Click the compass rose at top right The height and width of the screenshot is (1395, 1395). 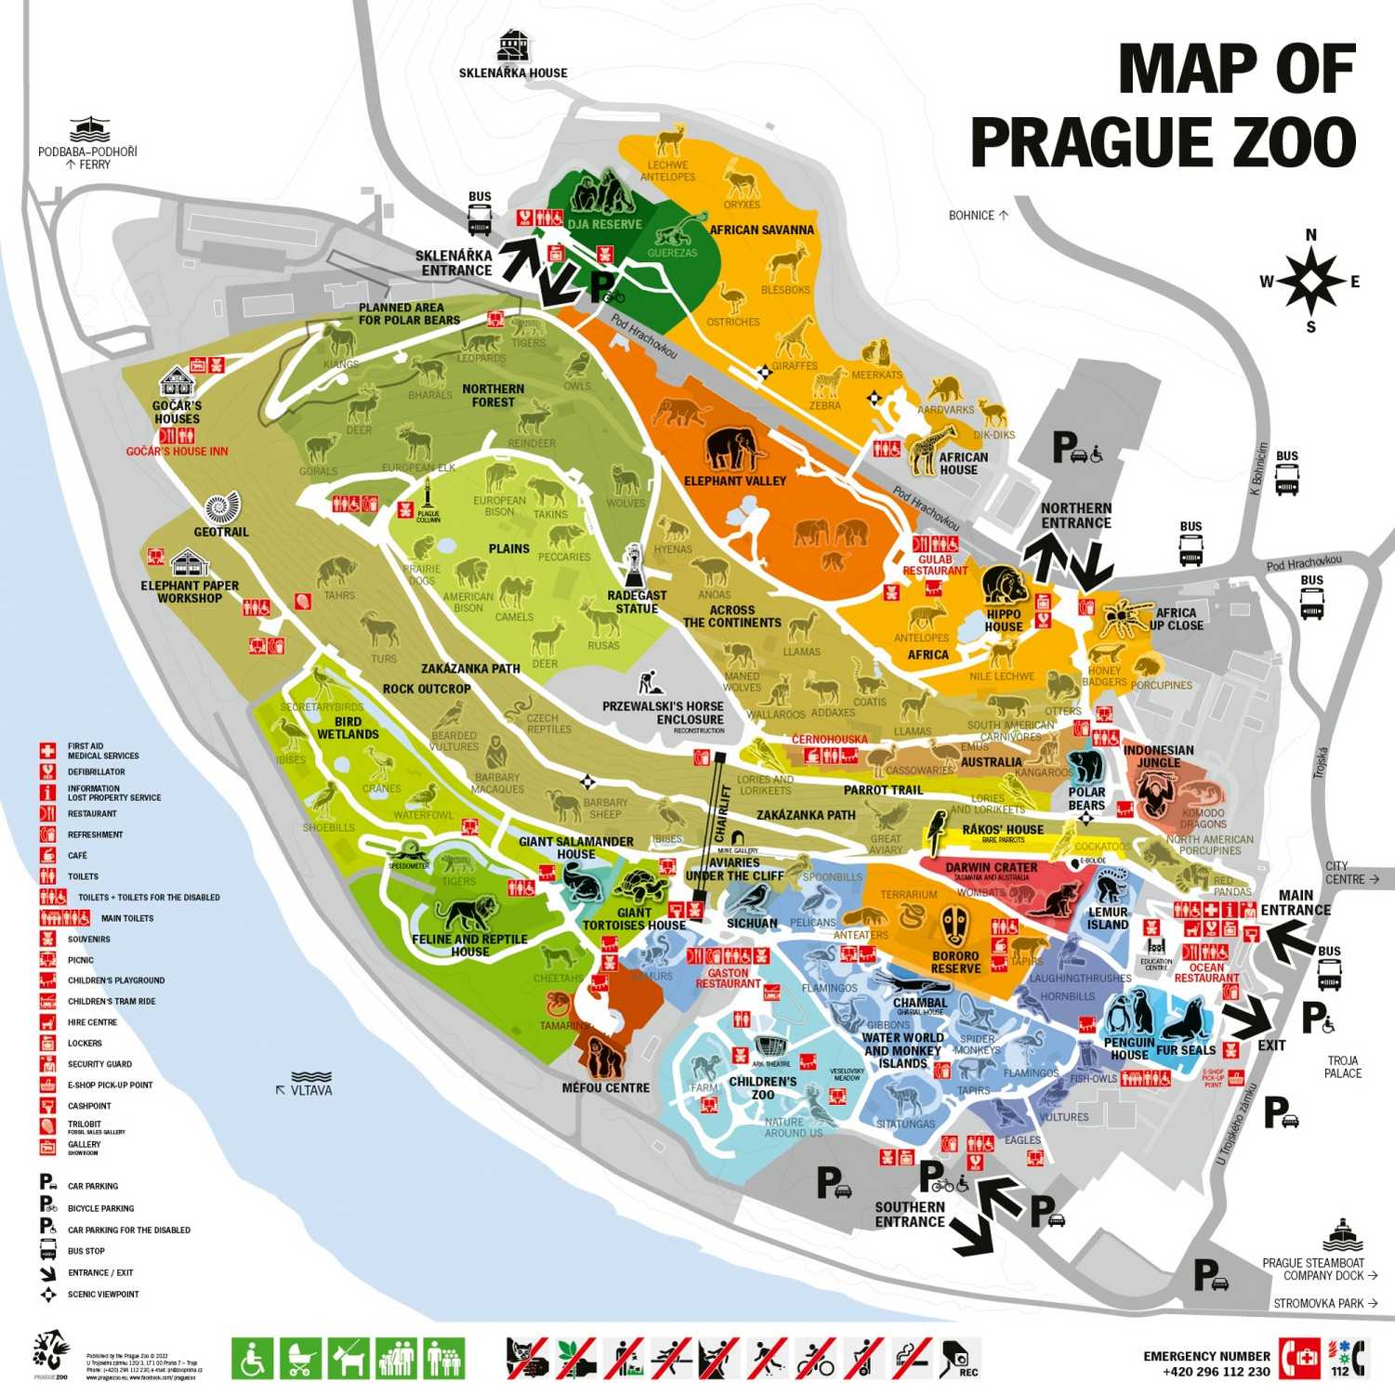pos(1310,281)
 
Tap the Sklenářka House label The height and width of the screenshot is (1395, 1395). pos(513,72)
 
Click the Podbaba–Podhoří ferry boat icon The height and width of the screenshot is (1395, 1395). pos(89,130)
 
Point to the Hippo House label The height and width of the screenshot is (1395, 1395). pos(1004,620)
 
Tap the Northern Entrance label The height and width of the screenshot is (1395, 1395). pos(1075,515)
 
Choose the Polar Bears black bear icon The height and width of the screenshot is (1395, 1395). pos(1086,768)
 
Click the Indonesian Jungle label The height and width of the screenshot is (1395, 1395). pos(1158,756)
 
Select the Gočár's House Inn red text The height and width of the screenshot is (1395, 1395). pos(177,452)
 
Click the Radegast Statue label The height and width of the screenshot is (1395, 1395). pos(637,601)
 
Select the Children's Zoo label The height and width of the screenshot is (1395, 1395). pos(762,1087)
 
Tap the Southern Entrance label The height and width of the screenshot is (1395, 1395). pos(909,1214)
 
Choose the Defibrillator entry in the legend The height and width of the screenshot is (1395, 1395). pos(96,771)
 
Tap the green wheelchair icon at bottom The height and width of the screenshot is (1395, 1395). pos(251,1358)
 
